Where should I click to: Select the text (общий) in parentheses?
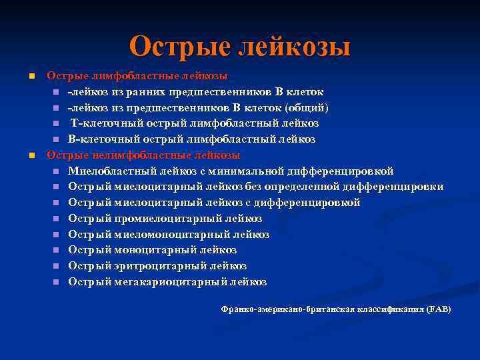(x=307, y=108)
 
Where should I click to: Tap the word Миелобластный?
(x=109, y=171)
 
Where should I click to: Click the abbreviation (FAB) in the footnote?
(x=439, y=309)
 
